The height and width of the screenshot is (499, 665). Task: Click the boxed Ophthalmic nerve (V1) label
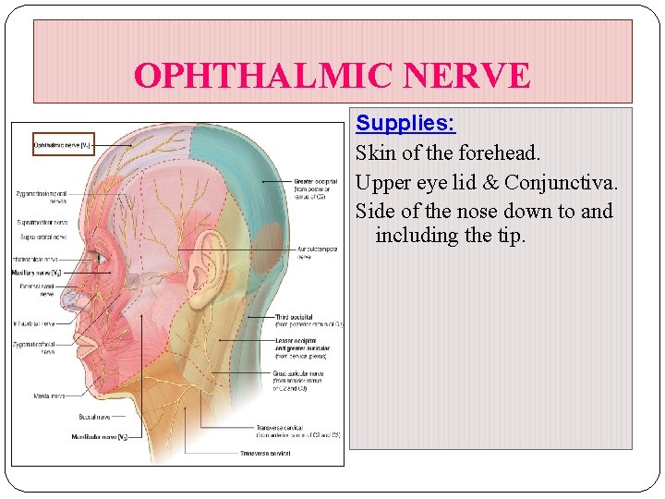coord(63,145)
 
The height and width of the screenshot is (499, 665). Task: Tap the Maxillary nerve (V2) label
coord(36,274)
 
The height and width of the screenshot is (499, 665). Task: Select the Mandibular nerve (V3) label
coord(101,435)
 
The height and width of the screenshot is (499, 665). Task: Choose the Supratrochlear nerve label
coord(42,223)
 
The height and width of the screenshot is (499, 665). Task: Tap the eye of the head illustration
coord(101,259)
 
